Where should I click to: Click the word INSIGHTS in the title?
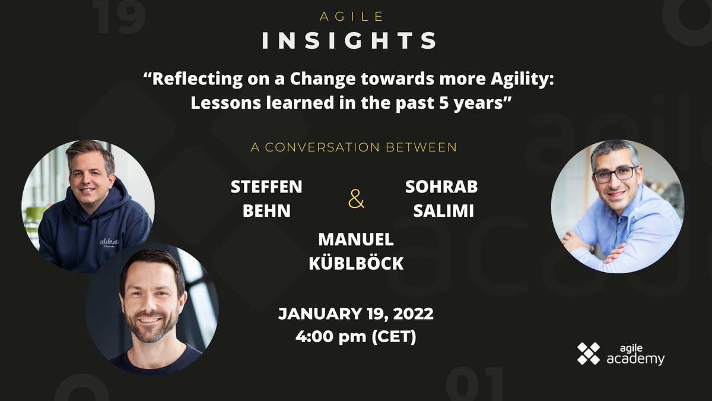(349, 40)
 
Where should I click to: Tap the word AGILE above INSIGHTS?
(350, 17)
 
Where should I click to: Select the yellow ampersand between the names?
(356, 200)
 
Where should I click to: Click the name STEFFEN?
(266, 187)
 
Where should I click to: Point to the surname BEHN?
(267, 211)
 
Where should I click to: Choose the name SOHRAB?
(441, 187)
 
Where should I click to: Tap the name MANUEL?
(356, 239)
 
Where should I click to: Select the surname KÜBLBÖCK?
(356, 263)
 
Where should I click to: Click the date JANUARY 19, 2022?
(356, 314)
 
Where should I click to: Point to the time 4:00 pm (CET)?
(356, 337)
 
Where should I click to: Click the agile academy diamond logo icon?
(589, 353)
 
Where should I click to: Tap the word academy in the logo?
(635, 359)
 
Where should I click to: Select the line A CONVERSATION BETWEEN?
(354, 147)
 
